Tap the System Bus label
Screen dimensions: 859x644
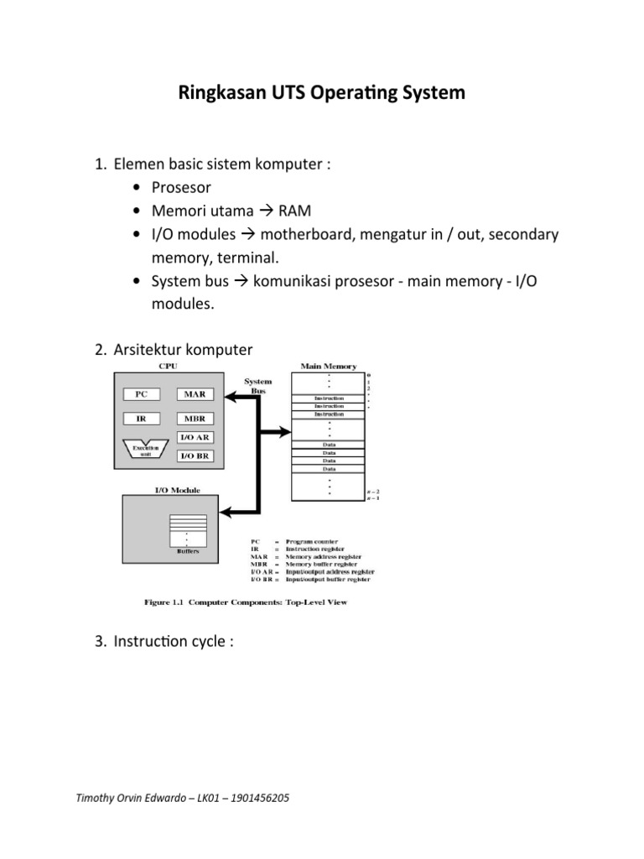[257, 386]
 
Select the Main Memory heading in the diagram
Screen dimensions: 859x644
[328, 367]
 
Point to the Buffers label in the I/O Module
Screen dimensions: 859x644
[188, 551]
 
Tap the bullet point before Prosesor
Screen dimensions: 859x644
[137, 188]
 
